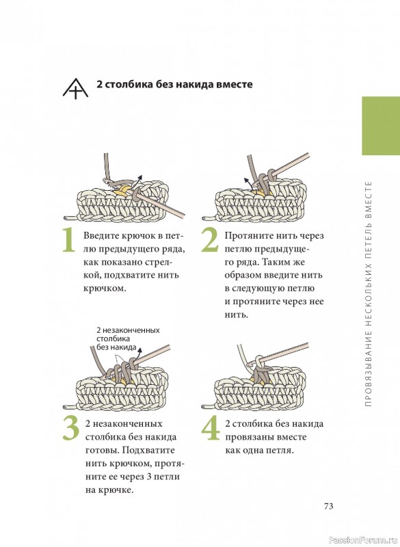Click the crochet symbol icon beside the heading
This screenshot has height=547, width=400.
[75, 88]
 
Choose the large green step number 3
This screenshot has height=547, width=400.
[71, 428]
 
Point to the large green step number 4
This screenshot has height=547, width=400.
[211, 428]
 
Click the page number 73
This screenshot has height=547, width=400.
[329, 506]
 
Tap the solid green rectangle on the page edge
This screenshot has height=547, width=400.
[381, 126]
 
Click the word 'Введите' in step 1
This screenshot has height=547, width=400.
[101, 236]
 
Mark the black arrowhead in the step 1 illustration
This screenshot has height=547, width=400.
[139, 176]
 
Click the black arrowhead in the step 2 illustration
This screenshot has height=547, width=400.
[246, 181]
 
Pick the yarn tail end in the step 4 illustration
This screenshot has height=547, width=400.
[204, 407]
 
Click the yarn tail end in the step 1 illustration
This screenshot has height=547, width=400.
[66, 217]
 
